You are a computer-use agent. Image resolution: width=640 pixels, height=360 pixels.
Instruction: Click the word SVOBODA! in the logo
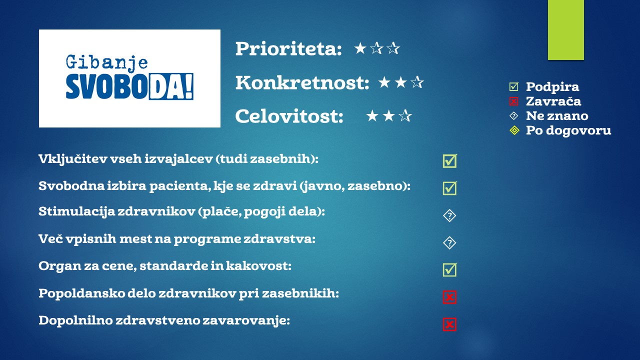pos(129,86)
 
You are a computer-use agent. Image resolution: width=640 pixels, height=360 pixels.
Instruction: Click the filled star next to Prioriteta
pos(360,48)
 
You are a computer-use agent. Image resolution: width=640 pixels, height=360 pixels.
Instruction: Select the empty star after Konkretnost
pos(417,82)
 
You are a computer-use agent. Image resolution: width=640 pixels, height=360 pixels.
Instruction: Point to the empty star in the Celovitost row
pos(405,115)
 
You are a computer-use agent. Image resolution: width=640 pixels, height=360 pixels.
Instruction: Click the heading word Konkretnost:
pos(302,83)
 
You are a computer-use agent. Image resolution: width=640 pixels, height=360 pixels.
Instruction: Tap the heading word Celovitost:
pos(289,116)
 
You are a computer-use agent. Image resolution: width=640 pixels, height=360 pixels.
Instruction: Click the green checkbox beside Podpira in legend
pos(513,86)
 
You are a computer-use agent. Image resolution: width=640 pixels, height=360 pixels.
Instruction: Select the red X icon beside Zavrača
pos(513,101)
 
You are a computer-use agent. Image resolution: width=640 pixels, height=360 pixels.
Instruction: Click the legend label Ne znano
pos(557,115)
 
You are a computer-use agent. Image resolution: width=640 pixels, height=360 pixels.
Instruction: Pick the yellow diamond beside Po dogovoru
pos(514,130)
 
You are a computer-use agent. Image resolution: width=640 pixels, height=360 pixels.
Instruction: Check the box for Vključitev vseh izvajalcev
pos(450,161)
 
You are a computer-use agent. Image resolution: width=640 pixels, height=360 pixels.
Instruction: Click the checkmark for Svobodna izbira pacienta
pos(450,188)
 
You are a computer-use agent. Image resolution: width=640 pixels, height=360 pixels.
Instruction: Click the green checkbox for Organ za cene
pos(450,269)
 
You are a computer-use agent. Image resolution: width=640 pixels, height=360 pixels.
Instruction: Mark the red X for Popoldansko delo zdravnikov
pos(449,297)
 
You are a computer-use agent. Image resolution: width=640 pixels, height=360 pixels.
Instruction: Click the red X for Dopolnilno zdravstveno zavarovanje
pos(449,324)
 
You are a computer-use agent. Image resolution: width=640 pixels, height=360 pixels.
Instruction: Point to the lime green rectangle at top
pos(565,29)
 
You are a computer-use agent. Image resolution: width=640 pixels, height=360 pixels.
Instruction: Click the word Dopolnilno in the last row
pos(75,320)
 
